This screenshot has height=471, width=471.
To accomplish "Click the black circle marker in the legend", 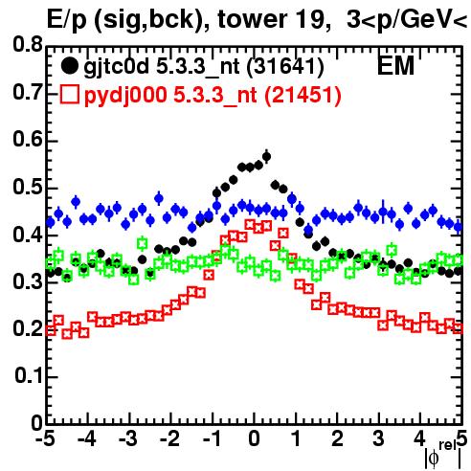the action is tap(69, 66).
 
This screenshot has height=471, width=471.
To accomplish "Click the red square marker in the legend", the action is tap(69, 95).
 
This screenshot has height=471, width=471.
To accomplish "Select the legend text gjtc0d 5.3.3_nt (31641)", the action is tap(204, 67).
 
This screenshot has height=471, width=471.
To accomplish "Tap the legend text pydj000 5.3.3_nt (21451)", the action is tap(213, 96).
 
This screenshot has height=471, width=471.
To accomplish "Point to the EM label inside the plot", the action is tap(395, 66).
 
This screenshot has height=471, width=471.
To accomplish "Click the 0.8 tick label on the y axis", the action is tap(28, 44).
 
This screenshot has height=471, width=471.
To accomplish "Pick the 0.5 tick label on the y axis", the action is tap(28, 187).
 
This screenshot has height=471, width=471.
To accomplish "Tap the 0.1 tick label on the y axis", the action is tap(28, 375).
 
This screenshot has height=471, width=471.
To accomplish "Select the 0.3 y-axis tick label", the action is tap(28, 282).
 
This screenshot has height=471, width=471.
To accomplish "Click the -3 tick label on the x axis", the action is tap(127, 438).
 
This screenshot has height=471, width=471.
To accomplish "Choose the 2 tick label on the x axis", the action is tap(338, 438).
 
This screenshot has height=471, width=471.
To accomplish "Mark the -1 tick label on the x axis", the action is tap(212, 438).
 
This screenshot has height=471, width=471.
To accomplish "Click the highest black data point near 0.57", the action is tap(266, 157).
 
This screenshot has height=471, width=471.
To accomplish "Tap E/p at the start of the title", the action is tap(67, 21).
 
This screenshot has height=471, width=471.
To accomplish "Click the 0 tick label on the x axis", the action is tap(254, 438).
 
